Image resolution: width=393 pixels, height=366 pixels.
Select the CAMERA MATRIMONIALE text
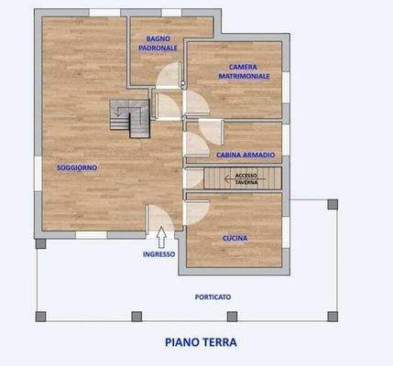pyautogui.click(x=243, y=72)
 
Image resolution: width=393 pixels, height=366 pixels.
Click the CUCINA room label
pyautogui.click(x=235, y=239)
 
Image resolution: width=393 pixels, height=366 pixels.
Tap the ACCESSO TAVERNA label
pyautogui.click(x=246, y=178)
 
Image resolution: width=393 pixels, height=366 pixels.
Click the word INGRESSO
pyautogui.click(x=160, y=254)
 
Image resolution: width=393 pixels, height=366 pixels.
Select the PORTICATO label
pyautogui.click(x=213, y=297)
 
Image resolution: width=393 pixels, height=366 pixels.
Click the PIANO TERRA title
pyautogui.click(x=201, y=343)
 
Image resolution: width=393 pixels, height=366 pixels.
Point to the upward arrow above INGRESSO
pyautogui.click(x=160, y=237)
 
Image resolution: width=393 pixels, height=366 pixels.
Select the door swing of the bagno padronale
pyautogui.click(x=169, y=81)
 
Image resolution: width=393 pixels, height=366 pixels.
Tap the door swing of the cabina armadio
pyautogui.click(x=197, y=145)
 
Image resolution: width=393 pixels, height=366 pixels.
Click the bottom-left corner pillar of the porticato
pyautogui.click(x=40, y=317)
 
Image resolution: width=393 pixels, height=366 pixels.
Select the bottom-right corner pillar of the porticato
pyautogui.click(x=333, y=317)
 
